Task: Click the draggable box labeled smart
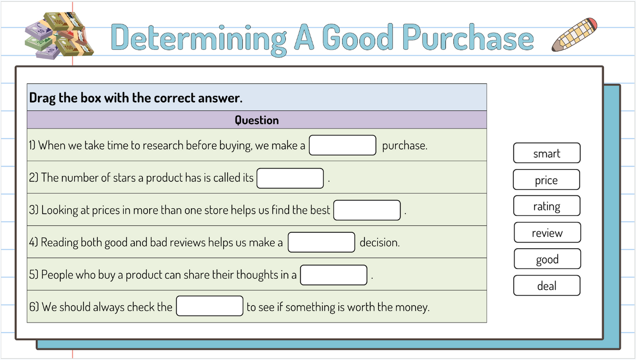547,153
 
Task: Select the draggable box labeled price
546,180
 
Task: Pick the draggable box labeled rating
547,206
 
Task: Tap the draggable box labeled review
547,233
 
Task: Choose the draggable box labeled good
547,259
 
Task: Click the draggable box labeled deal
547,286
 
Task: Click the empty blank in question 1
342,145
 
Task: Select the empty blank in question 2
290,178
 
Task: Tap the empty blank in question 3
367,210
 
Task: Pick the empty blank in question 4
321,242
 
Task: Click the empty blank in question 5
334,275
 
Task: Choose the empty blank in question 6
210,306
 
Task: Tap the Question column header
257,120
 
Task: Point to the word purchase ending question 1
404,146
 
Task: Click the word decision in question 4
379,242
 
